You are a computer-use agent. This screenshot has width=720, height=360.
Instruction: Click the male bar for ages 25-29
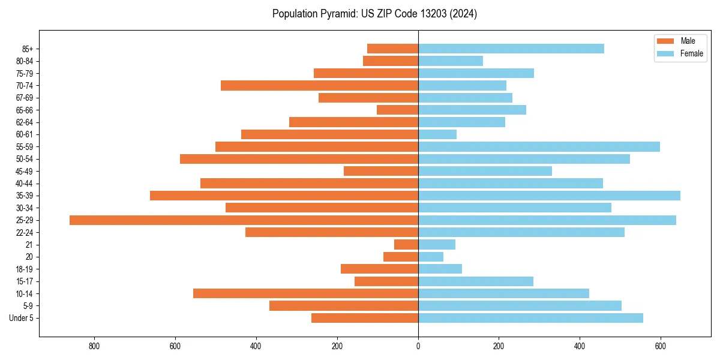[x=244, y=220]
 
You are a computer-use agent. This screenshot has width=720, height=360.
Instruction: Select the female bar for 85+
[x=511, y=49]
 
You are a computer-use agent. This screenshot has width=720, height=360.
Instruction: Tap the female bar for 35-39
[x=549, y=196]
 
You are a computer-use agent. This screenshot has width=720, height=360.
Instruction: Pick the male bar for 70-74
[x=319, y=85]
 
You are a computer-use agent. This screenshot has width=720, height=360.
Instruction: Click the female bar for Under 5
[x=530, y=318]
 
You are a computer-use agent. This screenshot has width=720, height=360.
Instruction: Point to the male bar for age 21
[x=406, y=245]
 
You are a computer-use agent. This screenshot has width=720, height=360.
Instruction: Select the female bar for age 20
[x=431, y=257]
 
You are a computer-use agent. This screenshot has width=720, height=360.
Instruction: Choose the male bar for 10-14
[x=305, y=293]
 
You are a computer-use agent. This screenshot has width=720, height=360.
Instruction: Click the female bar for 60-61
[x=437, y=134]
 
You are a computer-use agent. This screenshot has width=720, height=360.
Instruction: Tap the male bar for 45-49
[x=381, y=171]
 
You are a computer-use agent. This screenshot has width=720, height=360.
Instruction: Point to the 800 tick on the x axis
[x=94, y=346]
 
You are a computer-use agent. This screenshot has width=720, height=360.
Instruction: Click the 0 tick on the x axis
[x=418, y=346]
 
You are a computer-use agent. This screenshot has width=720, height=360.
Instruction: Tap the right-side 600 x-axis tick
[x=661, y=346]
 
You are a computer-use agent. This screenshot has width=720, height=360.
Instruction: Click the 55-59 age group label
[x=25, y=147]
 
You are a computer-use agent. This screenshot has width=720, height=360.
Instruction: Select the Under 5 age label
[x=21, y=318]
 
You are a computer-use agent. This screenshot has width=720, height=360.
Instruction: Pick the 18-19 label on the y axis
[x=25, y=269]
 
